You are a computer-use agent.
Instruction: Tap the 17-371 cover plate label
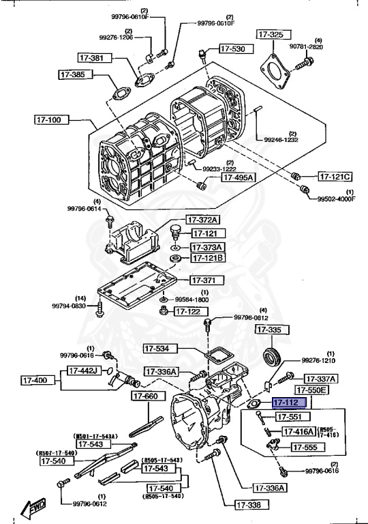pos(203,280)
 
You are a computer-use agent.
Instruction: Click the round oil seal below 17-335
pos(273,356)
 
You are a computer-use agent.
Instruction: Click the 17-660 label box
pos(145,396)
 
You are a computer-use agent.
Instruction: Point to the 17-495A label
pos(237,177)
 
